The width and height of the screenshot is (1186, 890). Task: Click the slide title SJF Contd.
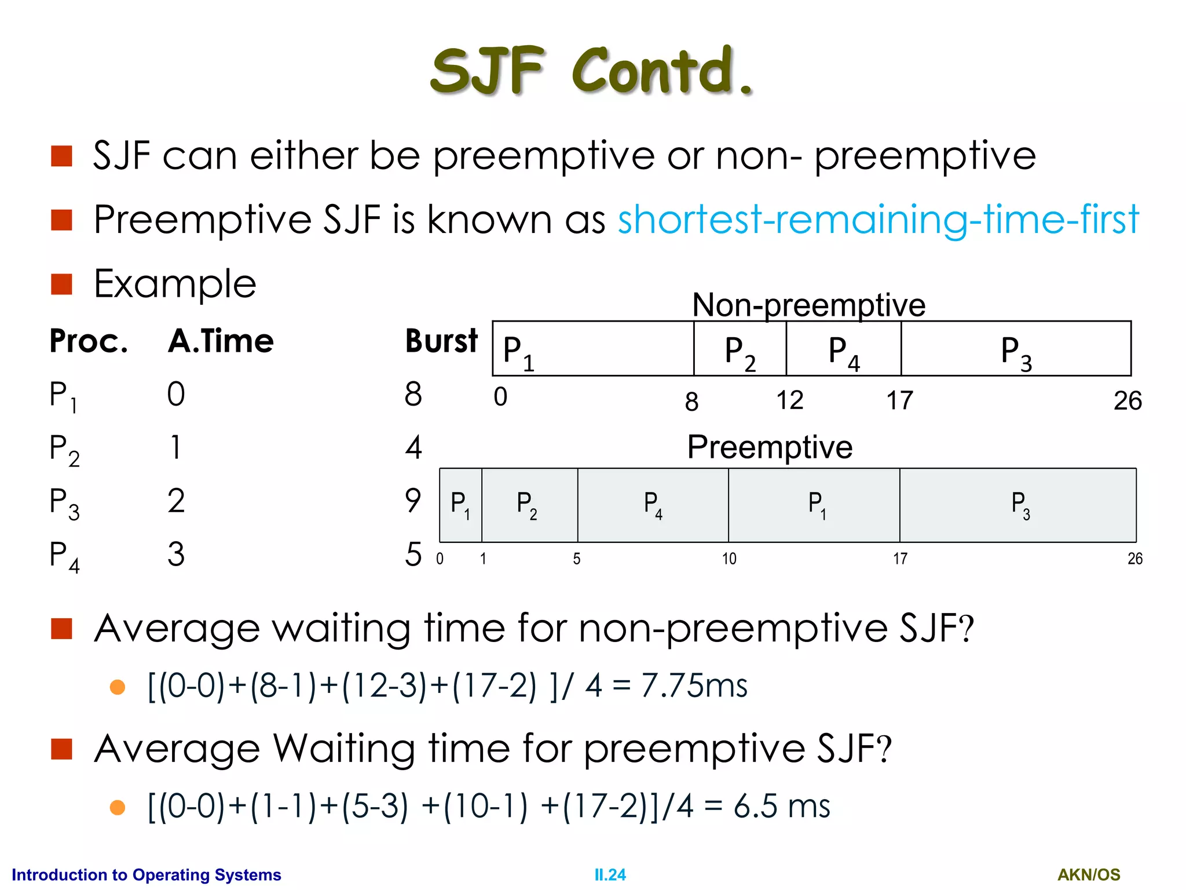[592, 71]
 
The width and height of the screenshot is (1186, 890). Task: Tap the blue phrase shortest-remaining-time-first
[878, 220]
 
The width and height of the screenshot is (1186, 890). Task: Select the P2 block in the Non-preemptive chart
[740, 349]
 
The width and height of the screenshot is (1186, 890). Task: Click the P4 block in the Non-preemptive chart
[843, 349]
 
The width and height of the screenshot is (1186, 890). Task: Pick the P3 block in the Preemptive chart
[1018, 505]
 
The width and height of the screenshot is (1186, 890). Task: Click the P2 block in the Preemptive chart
[529, 505]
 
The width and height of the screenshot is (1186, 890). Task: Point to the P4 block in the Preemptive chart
[653, 505]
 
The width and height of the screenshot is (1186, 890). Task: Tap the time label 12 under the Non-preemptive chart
[789, 400]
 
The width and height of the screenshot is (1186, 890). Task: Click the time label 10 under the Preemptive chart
[729, 559]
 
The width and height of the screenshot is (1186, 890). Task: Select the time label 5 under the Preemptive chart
[577, 559]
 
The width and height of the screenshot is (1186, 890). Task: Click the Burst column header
[441, 341]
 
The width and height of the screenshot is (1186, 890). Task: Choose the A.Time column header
[221, 341]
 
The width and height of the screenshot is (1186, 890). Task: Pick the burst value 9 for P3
[412, 500]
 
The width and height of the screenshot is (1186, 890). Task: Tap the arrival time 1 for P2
[175, 447]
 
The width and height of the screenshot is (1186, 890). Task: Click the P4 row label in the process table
[64, 555]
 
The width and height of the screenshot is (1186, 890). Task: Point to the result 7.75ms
[694, 685]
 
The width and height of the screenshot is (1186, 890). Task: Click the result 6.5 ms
[781, 806]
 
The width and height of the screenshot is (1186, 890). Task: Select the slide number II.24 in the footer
[610, 874]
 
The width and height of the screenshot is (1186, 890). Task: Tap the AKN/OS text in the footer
[1089, 874]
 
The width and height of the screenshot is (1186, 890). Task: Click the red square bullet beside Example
[61, 284]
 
